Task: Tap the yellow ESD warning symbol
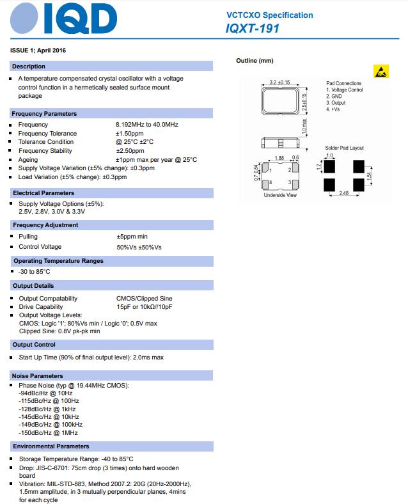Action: coord(381,71)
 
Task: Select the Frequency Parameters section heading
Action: coord(44,113)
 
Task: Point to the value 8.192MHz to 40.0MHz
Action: coord(146,124)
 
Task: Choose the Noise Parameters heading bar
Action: coord(38,375)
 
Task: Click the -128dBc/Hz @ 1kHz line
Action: coord(47,408)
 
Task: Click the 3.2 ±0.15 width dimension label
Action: coord(279,83)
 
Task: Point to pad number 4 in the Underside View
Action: coord(271,183)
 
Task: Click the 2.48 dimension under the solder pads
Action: coord(343,193)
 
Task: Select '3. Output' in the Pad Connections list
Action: coord(336,103)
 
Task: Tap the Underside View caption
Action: coord(280,195)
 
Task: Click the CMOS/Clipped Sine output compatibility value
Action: coord(144,298)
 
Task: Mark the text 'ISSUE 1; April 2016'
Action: coord(38,50)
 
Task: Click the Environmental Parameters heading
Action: coord(51,446)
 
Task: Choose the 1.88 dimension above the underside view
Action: coord(279,157)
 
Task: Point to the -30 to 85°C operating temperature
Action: coord(35,271)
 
